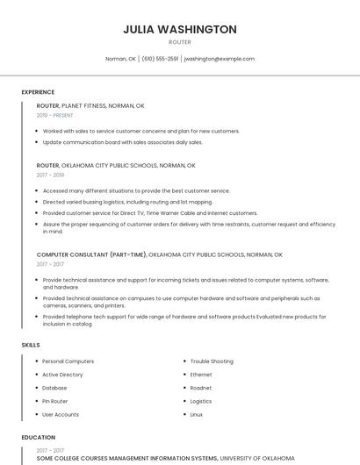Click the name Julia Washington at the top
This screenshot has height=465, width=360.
coord(180,29)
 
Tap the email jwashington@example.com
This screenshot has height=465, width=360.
coord(219,59)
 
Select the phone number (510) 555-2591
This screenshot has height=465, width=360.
coord(160,59)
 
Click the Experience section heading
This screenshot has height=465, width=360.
coord(38,92)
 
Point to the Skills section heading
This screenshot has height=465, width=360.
coord(31,345)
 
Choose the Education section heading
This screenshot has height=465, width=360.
coord(39,437)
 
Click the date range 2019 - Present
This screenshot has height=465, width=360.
coord(55,115)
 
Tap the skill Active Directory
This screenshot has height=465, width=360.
coord(62,375)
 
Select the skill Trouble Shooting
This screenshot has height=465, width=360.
coord(212,361)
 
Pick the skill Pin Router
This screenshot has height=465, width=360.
coord(55,401)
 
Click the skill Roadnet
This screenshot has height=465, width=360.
coord(201,388)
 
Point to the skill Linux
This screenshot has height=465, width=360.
coord(197,414)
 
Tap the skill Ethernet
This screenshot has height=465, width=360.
coord(201,375)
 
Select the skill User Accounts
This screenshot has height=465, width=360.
coord(61,414)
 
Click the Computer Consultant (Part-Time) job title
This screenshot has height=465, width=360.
coord(91,254)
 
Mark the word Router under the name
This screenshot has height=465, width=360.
coord(180,41)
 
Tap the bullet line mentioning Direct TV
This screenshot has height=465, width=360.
coord(150,212)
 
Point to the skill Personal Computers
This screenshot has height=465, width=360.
coord(68,361)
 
